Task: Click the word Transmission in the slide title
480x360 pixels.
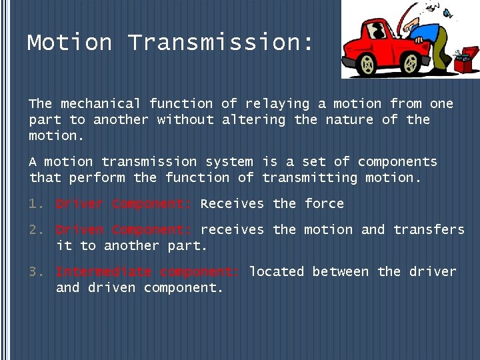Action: point(220,43)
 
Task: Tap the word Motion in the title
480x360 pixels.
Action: point(69,43)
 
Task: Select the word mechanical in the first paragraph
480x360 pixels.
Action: point(101,104)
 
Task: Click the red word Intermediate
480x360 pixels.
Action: point(103,272)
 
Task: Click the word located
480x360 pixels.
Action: point(277,272)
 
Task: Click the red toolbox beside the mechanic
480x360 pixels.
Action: point(462,63)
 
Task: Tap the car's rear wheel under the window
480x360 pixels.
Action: point(367,65)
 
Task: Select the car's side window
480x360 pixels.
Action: point(378,30)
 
